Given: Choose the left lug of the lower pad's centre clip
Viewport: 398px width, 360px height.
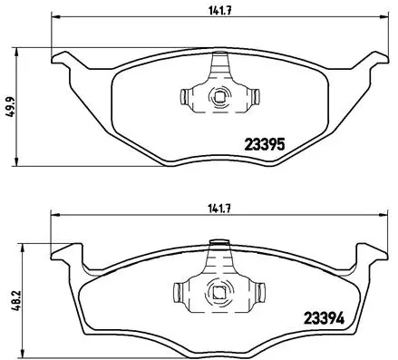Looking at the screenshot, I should [179, 292].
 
